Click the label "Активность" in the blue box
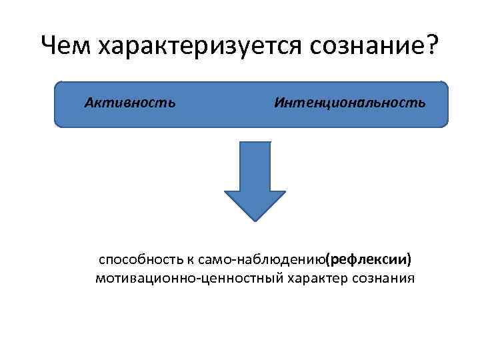click(x=131, y=103)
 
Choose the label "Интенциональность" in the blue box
click(x=349, y=103)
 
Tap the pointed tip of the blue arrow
click(x=255, y=219)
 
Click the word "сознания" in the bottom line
click(x=383, y=278)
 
